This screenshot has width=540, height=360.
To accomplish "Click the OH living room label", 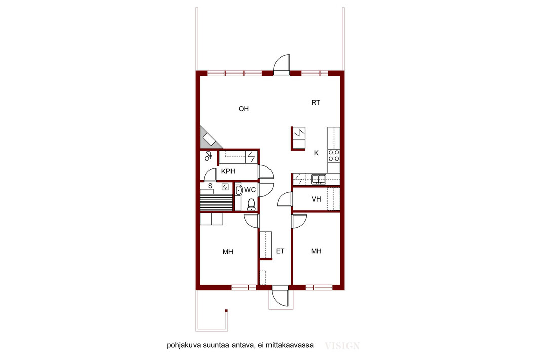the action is pyautogui.click(x=244, y=109).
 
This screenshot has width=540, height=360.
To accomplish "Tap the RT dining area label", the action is pyautogui.click(x=316, y=103).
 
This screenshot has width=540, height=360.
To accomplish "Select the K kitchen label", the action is pyautogui.click(x=316, y=153).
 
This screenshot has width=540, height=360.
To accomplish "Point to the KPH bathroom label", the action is pyautogui.click(x=228, y=171).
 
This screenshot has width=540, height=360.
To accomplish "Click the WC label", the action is pyautogui.click(x=250, y=190).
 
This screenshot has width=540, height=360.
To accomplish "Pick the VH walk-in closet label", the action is pyautogui.click(x=316, y=199).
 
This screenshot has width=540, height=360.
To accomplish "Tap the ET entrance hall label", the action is pyautogui.click(x=280, y=251).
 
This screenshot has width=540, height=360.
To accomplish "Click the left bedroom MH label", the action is pyautogui.click(x=228, y=252).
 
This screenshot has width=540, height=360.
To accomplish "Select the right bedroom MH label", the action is pyautogui.click(x=316, y=251).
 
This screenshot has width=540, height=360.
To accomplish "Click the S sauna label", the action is pyautogui.click(x=210, y=186).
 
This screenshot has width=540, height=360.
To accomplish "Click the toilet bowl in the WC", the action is pyautogui.click(x=251, y=204).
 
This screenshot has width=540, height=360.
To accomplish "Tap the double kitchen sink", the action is pyautogui.click(x=319, y=179).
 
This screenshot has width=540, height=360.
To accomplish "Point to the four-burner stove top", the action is pyautogui.click(x=334, y=155).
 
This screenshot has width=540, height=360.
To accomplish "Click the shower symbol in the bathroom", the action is pyautogui.click(x=208, y=156).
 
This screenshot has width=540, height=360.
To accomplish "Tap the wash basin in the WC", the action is pyautogui.click(x=238, y=190).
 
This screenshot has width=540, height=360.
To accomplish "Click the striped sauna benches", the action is pyautogui.click(x=216, y=203).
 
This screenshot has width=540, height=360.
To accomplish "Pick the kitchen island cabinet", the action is pyautogui.click(x=298, y=138).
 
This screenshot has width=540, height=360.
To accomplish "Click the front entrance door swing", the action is pyautogui.click(x=280, y=296).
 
